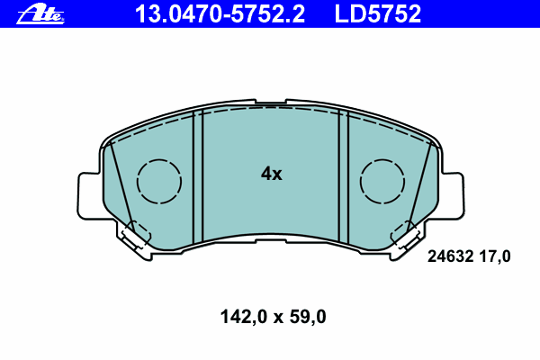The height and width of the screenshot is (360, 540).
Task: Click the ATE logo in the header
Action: pos(40,14)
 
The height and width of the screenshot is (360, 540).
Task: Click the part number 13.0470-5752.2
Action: pos(220,14)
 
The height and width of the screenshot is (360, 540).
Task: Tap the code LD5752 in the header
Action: pos(378,14)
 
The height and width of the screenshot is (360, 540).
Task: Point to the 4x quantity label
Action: pos(272,174)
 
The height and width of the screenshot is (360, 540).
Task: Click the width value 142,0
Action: pos(244,317)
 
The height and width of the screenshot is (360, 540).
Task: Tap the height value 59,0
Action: pos(308,317)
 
